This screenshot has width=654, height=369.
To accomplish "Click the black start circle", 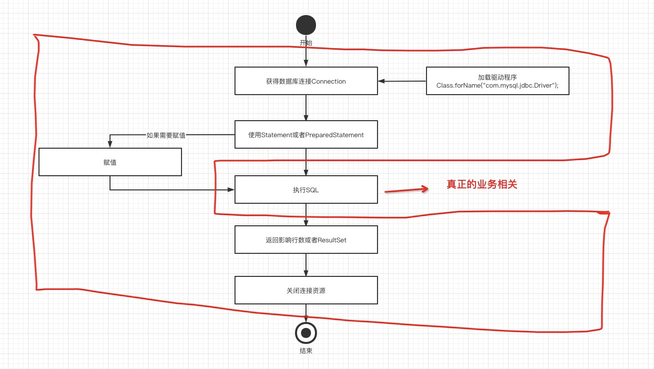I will pyautogui.click(x=306, y=25).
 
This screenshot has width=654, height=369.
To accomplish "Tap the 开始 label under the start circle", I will pyautogui.click(x=306, y=43).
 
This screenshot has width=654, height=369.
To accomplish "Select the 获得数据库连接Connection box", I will pyautogui.click(x=306, y=81).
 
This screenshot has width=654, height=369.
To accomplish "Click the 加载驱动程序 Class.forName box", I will pyautogui.click(x=497, y=81).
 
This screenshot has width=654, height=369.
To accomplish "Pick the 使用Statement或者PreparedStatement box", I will pyautogui.click(x=306, y=135).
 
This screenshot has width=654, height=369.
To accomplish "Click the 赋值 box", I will pyautogui.click(x=110, y=162).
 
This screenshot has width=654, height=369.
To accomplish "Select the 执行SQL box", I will pyautogui.click(x=306, y=190).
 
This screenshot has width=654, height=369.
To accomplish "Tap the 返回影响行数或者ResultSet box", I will pyautogui.click(x=306, y=240).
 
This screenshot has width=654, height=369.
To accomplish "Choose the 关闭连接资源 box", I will pyautogui.click(x=306, y=290).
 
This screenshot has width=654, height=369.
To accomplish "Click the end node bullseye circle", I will pyautogui.click(x=306, y=332).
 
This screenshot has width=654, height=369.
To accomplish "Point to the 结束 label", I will pyautogui.click(x=306, y=351).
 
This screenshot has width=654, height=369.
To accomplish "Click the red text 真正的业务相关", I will pyautogui.click(x=481, y=185).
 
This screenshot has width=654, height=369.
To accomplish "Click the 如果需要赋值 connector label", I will pyautogui.click(x=166, y=135).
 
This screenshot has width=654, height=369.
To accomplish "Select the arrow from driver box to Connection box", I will pyautogui.click(x=402, y=81).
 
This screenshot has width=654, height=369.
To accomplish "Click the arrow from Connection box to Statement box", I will pyautogui.click(x=306, y=108).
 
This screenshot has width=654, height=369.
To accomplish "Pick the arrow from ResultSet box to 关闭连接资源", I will pyautogui.click(x=306, y=265).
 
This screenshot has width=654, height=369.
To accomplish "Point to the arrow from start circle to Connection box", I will pyautogui.click(x=306, y=56).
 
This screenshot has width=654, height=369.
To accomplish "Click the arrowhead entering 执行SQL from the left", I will pyautogui.click(x=231, y=190).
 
